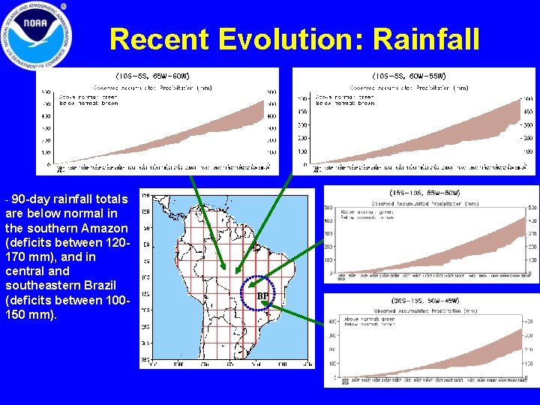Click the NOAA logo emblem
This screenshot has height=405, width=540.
(x=37, y=35)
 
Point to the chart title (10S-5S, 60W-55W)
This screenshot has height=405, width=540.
(x=409, y=76)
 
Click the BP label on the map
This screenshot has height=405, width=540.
(x=262, y=296)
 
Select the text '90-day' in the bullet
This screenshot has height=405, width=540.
(x=30, y=199)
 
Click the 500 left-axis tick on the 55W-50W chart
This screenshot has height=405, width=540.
(x=329, y=208)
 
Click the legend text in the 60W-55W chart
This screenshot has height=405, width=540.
(x=345, y=100)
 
